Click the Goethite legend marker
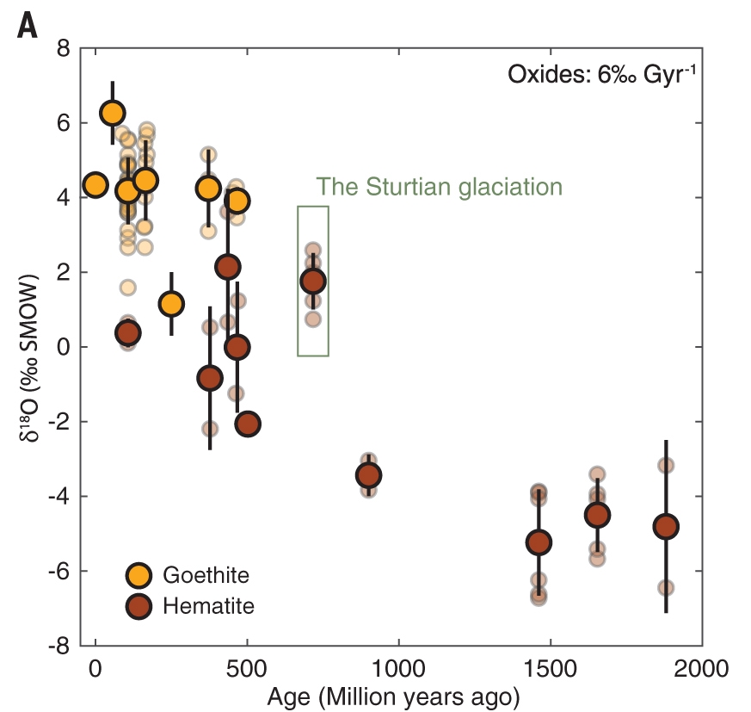click(x=139, y=575)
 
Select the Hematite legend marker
click(x=139, y=606)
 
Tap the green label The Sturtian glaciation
click(x=439, y=187)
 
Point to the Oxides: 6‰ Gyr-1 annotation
click(x=600, y=74)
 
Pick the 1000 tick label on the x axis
click(x=398, y=668)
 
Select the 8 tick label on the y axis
click(x=63, y=48)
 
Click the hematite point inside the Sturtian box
click(x=313, y=282)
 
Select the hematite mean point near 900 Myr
click(x=369, y=475)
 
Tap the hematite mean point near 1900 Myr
click(x=666, y=526)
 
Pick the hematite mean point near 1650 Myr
click(x=598, y=515)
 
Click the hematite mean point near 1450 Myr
click(x=539, y=542)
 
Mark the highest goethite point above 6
click(x=113, y=113)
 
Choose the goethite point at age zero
click(x=95, y=184)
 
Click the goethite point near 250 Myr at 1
click(x=171, y=304)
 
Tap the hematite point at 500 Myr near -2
click(x=248, y=424)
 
